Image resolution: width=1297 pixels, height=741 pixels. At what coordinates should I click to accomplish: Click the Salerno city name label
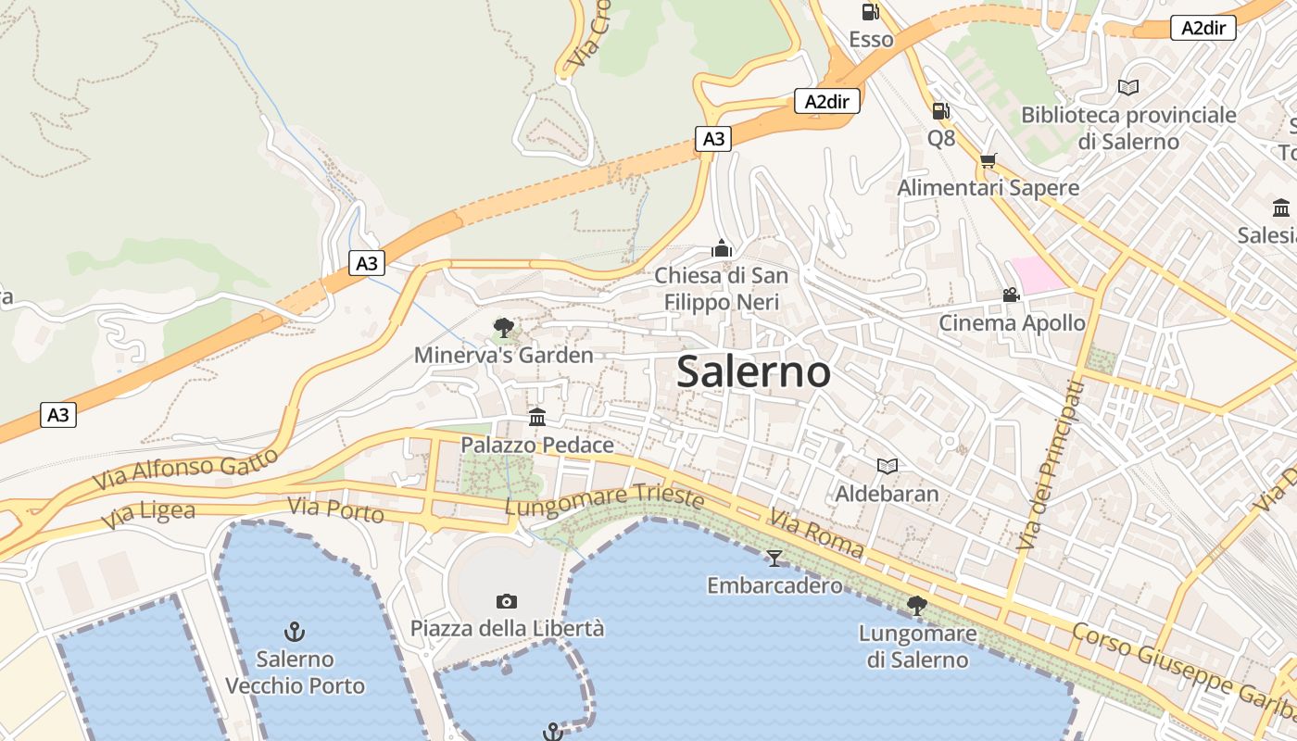pyautogui.click(x=753, y=371)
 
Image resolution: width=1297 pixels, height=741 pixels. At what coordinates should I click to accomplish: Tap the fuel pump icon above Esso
pyautogui.click(x=870, y=12)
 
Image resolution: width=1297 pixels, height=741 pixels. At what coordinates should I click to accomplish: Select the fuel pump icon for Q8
pyautogui.click(x=940, y=111)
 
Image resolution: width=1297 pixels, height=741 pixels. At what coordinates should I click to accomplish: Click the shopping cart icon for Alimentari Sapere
pyautogui.click(x=988, y=160)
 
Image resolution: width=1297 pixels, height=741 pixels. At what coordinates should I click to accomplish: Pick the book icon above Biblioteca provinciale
pyautogui.click(x=1127, y=88)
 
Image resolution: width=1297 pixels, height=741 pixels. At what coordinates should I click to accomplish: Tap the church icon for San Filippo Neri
pyautogui.click(x=722, y=248)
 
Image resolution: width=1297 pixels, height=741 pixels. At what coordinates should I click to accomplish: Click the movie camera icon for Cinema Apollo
pyautogui.click(x=1011, y=295)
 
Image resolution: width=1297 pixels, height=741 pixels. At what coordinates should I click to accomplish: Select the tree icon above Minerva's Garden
pyautogui.click(x=503, y=327)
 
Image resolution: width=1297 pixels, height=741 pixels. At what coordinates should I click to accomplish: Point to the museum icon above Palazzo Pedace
pyautogui.click(x=537, y=417)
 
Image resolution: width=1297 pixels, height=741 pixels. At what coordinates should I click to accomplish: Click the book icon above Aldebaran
pyautogui.click(x=887, y=466)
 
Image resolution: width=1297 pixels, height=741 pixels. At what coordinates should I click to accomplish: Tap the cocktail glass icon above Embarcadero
pyautogui.click(x=774, y=558)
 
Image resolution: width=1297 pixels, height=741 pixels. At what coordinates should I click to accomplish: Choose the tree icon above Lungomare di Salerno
pyautogui.click(x=917, y=606)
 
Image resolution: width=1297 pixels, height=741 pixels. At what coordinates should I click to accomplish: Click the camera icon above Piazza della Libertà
pyautogui.click(x=507, y=601)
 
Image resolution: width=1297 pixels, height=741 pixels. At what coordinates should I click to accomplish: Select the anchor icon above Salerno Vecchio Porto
pyautogui.click(x=295, y=632)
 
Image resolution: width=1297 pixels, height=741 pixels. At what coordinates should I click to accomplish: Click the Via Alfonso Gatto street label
pyautogui.click(x=185, y=470)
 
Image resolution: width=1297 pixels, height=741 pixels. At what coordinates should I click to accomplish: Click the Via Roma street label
pyautogui.click(x=816, y=534)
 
